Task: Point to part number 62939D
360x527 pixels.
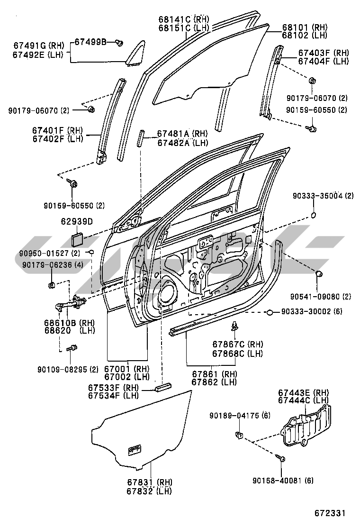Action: pos(76,221)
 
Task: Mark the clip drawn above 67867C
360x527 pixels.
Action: pos(235,326)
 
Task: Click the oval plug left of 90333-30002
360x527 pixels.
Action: pos(270,312)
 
